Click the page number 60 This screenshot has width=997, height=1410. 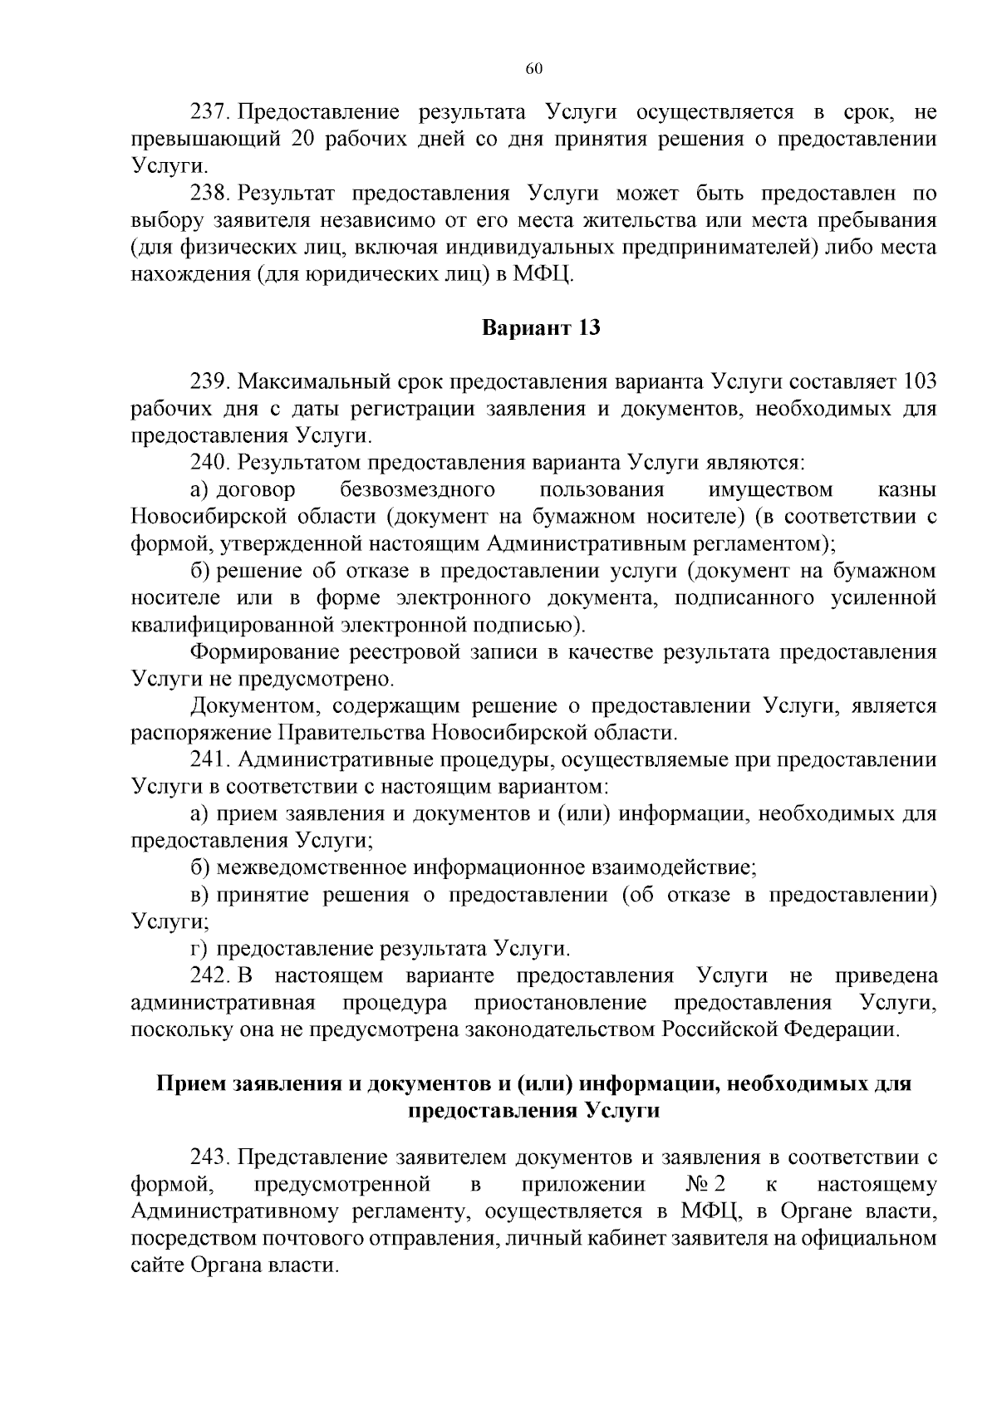pyautogui.click(x=533, y=69)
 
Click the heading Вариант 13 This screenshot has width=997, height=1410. pyautogui.click(x=542, y=328)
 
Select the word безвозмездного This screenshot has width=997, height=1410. pyautogui.click(x=418, y=489)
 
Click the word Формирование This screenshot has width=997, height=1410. pyautogui.click(x=254, y=652)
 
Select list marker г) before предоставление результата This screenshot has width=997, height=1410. pyautogui.click(x=198, y=949)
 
